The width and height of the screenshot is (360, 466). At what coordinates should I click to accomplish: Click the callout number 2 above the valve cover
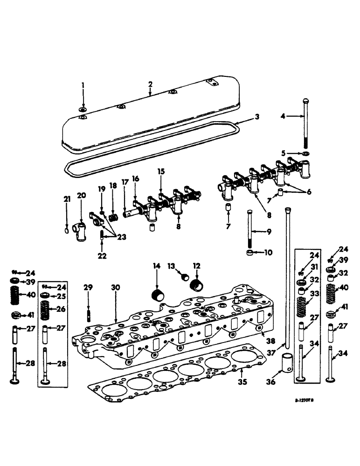(x=150, y=84)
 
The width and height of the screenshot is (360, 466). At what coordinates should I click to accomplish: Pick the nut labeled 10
(x=251, y=253)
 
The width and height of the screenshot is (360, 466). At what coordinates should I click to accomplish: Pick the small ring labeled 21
(x=67, y=230)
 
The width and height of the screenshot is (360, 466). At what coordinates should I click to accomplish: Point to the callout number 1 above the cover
(x=83, y=86)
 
